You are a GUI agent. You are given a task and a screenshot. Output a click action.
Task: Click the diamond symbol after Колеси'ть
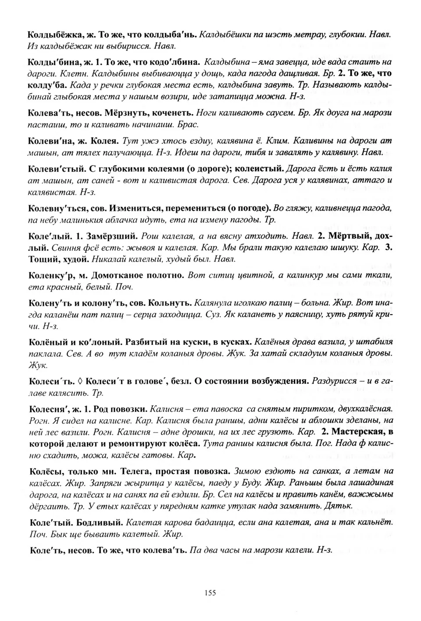pyautogui.click(x=80, y=381)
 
